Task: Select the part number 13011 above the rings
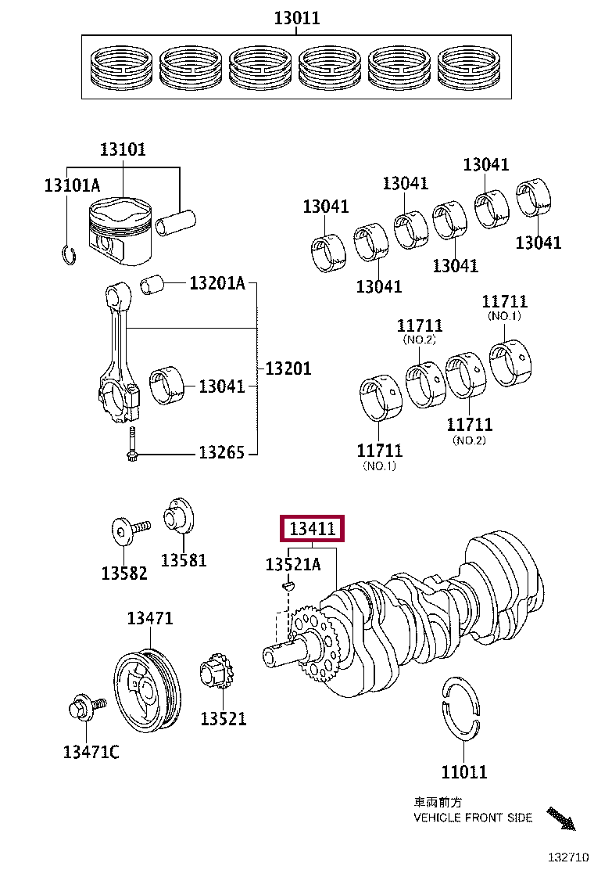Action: (296, 18)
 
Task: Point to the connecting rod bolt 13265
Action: (132, 447)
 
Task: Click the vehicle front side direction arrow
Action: (561, 818)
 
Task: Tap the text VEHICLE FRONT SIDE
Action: (473, 818)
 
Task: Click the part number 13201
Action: (288, 368)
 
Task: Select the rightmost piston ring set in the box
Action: (471, 67)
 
